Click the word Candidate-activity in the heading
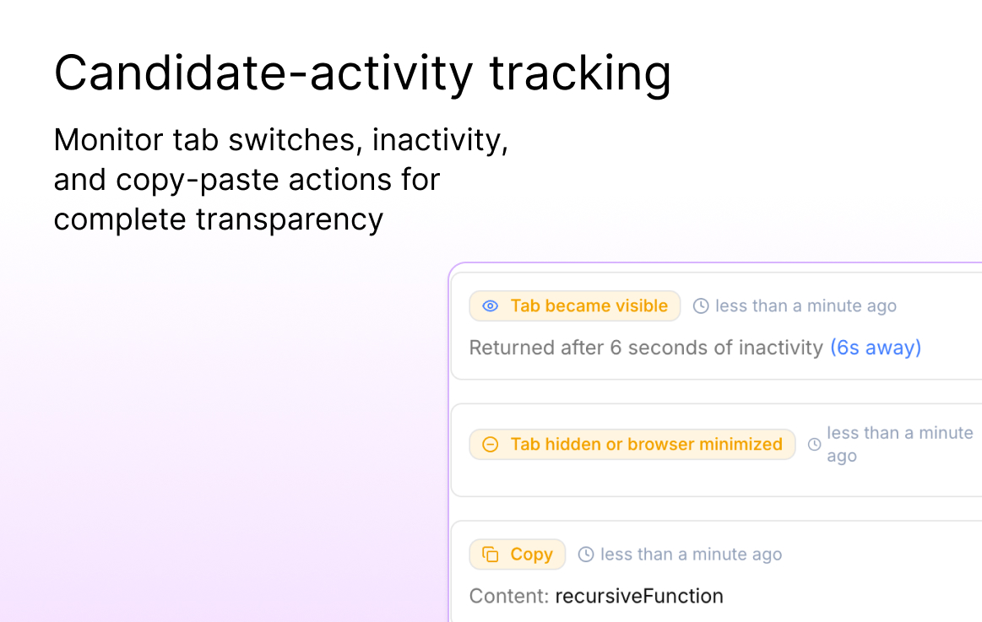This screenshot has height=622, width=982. pos(263,73)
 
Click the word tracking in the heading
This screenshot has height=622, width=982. pos(580,73)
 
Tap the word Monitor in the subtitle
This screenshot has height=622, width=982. pos(109,139)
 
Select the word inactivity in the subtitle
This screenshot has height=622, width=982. pos(440,140)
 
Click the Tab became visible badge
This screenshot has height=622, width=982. pos(575,306)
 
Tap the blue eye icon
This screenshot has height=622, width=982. pos(491,306)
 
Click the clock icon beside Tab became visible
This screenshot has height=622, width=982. pos(701,306)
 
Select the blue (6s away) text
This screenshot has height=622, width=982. pos(876,348)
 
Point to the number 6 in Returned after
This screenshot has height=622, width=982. pos(616,348)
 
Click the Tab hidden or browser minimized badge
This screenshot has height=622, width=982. pos(632,444)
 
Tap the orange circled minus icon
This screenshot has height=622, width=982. pos(491,444)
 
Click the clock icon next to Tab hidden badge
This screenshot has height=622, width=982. pos(814,444)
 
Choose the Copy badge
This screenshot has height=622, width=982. pos(518,554)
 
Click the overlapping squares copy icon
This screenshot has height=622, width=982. pos(491,554)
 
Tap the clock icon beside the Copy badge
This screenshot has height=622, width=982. pos(585,554)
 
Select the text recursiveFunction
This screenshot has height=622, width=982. pos(639,597)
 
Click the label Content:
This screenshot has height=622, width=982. pos(509,597)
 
